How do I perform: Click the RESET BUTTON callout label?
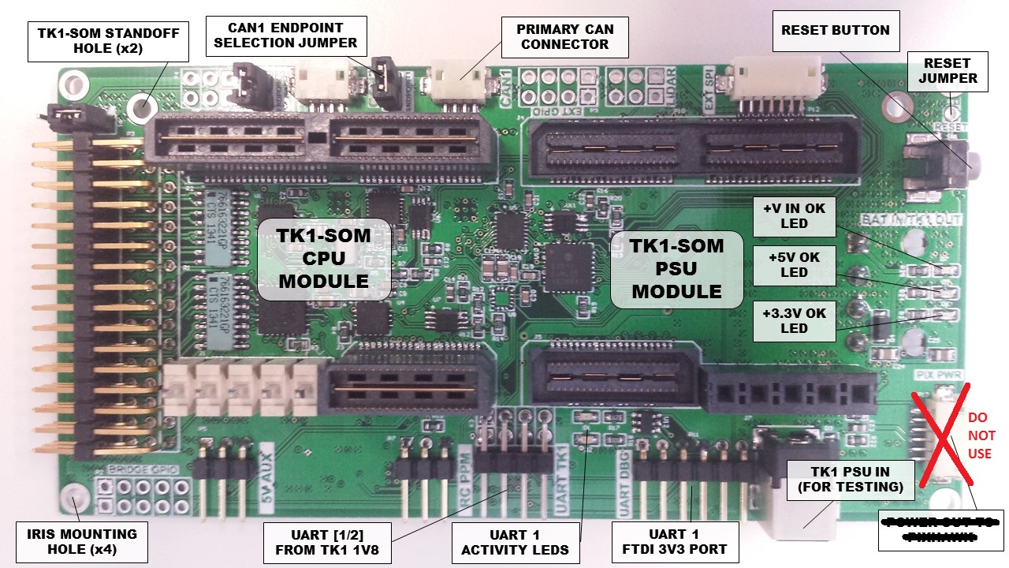coord(835,31)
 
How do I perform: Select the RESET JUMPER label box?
coord(947,70)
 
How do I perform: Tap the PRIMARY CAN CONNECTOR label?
coord(565,37)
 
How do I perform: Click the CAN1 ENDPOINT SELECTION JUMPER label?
coord(285,35)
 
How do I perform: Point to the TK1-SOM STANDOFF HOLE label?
coord(109,41)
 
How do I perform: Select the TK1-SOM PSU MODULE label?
coord(676,268)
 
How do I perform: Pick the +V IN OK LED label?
coord(794,216)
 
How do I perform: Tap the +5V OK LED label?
coord(794,264)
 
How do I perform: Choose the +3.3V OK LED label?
coord(794,320)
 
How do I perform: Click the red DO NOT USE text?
coord(981,435)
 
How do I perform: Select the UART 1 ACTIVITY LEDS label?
coord(515,541)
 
